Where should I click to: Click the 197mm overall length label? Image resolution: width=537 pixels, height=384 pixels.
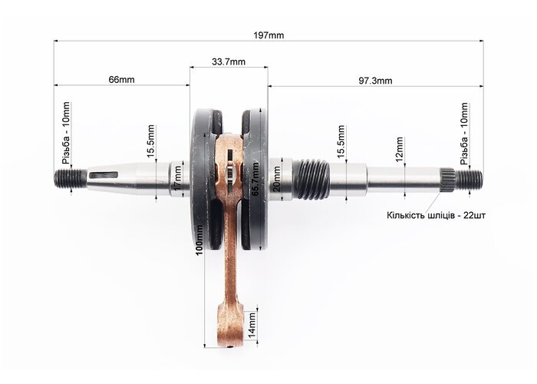point(268,35)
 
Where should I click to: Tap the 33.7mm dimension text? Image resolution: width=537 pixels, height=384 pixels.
point(229,61)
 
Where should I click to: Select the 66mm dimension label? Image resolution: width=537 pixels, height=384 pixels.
point(121,80)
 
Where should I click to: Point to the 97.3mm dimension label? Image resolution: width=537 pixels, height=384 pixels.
point(375,81)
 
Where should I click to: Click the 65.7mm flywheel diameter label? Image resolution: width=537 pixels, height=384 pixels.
point(255,179)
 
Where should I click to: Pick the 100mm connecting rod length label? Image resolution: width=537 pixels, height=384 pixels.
point(199,240)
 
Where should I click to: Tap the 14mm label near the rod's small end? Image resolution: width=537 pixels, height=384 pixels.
point(252,324)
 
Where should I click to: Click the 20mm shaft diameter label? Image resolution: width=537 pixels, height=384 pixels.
point(277,179)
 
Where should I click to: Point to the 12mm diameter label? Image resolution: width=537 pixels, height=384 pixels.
point(400,150)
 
